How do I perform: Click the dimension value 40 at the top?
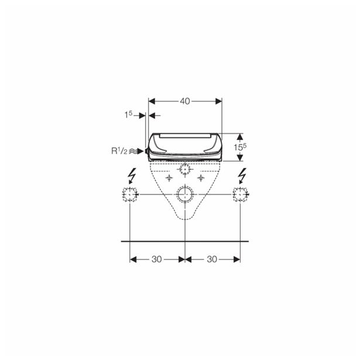coord(185,101)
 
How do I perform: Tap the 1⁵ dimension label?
coord(129,114)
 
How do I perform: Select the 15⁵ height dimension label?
coord(240,147)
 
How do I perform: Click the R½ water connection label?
coord(119,151)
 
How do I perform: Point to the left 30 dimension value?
coord(156,259)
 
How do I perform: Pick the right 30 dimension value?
coord(212,259)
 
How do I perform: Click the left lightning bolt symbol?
coord(132,176)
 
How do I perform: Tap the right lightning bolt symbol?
coord(242,176)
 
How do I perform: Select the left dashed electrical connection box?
coord(130,194)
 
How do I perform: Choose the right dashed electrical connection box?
coord(241,194)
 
